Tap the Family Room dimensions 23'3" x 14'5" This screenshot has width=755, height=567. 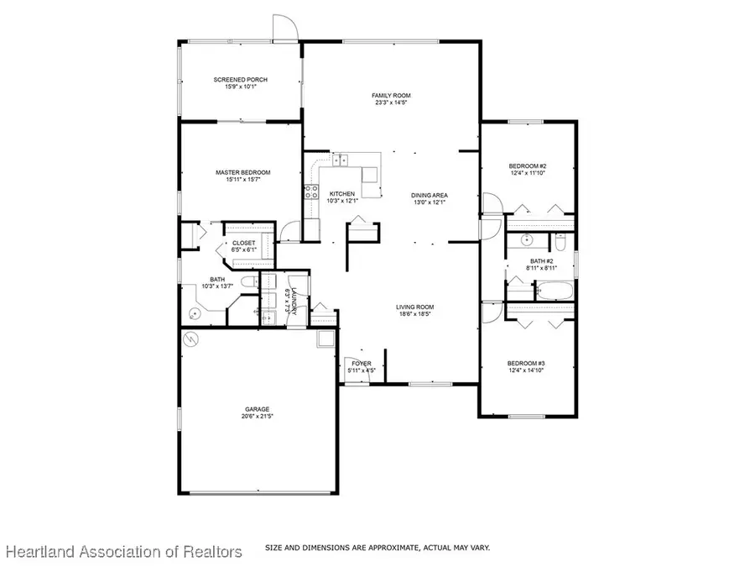[391, 103]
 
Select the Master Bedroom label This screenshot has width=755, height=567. [242, 172]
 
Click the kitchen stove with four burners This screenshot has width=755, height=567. [310, 191]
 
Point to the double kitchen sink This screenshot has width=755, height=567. [340, 160]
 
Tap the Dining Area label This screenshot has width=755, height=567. [430, 195]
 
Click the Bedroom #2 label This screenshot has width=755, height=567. [528, 166]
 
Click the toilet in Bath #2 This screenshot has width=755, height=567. [560, 242]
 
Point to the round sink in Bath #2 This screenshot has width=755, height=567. [527, 241]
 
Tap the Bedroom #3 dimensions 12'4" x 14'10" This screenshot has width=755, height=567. [527, 370]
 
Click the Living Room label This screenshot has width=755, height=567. [414, 307]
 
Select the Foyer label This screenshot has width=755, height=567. [361, 363]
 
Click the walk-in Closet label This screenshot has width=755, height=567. [243, 243]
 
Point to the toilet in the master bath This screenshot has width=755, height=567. [247, 281]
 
